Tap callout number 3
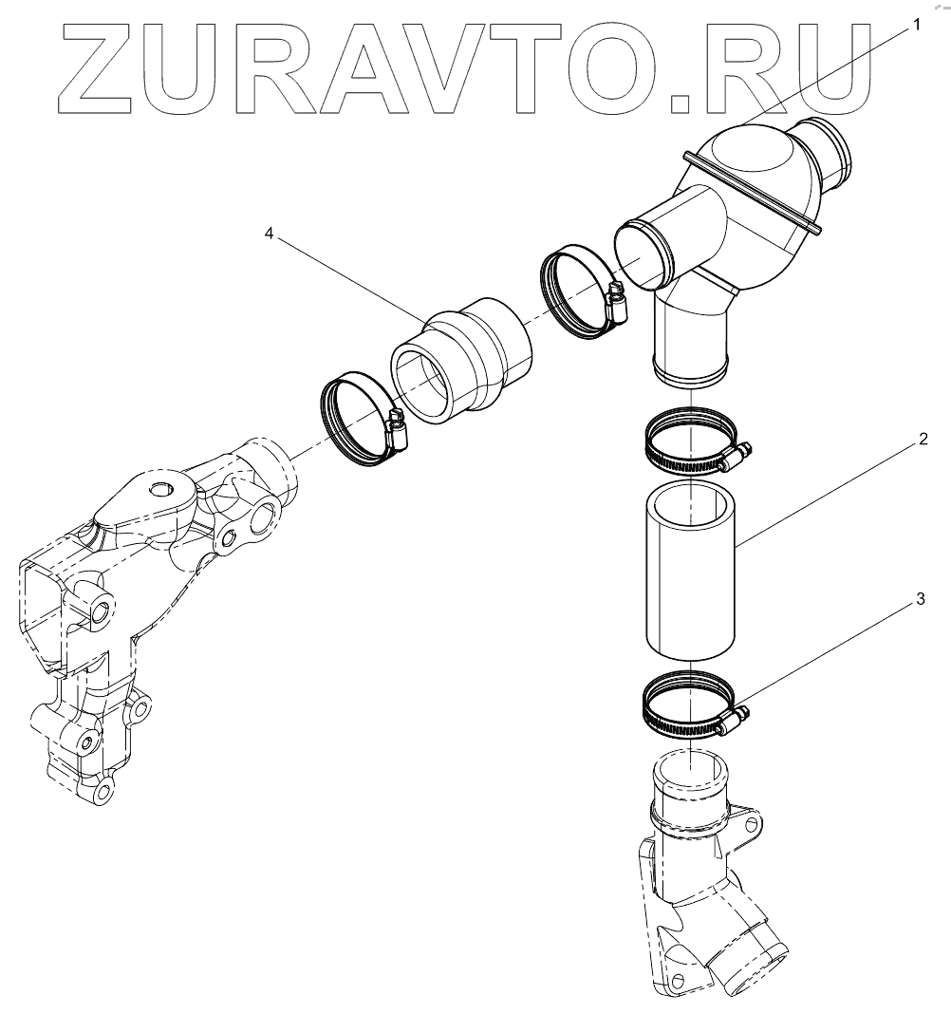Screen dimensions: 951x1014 click(919, 600)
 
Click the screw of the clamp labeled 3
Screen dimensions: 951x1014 click(736, 719)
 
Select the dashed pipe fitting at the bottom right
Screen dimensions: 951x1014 click(702, 883)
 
